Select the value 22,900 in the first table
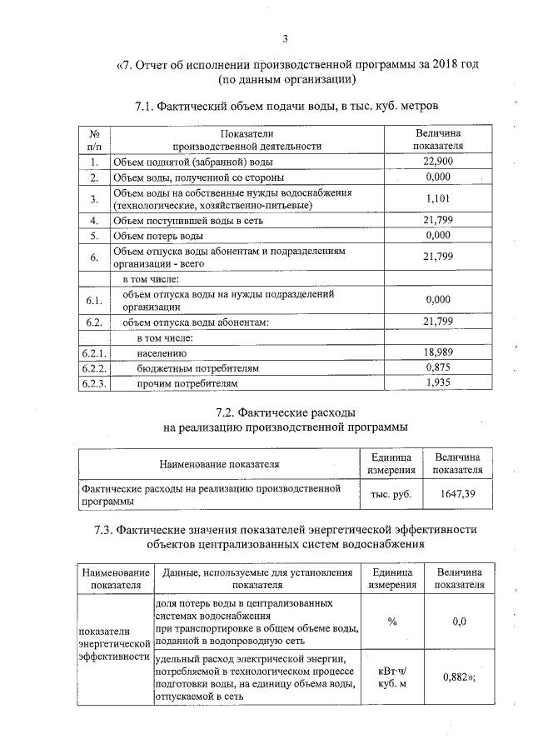coord(437,162)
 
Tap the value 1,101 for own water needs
coord(437,199)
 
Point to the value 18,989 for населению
coord(437,353)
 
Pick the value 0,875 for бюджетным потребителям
coord(437,368)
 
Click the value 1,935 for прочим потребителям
coord(437,383)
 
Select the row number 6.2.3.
coord(94,383)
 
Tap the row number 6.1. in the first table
coord(94,300)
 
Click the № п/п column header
coord(94,139)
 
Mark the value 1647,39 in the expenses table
coord(457,494)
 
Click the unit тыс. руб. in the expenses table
coord(391,494)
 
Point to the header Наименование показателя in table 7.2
coord(219,463)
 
